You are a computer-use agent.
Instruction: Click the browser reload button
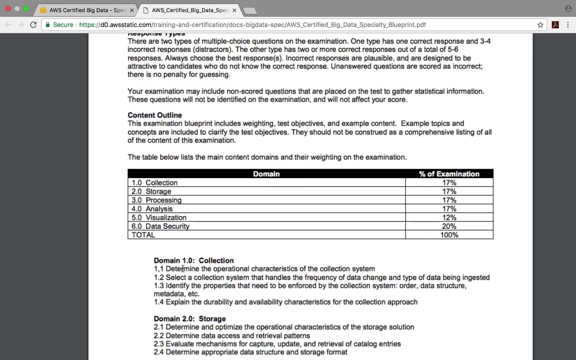point(33,25)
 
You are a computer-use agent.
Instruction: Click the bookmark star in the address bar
point(540,25)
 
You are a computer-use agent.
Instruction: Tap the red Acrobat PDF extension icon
point(555,25)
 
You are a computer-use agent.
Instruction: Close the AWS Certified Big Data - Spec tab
point(132,10)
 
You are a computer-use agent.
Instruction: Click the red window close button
point(8,9)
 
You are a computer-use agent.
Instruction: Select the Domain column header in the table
point(266,174)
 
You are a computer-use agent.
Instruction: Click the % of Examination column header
point(449,174)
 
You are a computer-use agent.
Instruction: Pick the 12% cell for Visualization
point(449,217)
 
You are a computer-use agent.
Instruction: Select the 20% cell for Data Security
point(449,226)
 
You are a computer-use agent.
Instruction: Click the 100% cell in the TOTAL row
point(449,235)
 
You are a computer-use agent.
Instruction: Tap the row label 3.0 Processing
point(157,200)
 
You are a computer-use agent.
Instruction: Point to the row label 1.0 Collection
point(154,183)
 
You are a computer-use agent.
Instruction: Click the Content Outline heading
point(155,115)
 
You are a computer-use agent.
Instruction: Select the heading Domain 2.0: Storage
point(189,319)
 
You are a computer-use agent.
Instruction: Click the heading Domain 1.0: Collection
point(193,261)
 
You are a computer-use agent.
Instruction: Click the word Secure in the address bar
point(63,25)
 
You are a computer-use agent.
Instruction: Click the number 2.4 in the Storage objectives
point(159,352)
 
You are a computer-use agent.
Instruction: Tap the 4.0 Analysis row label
point(152,209)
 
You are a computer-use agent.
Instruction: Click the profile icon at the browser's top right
point(568,9)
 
